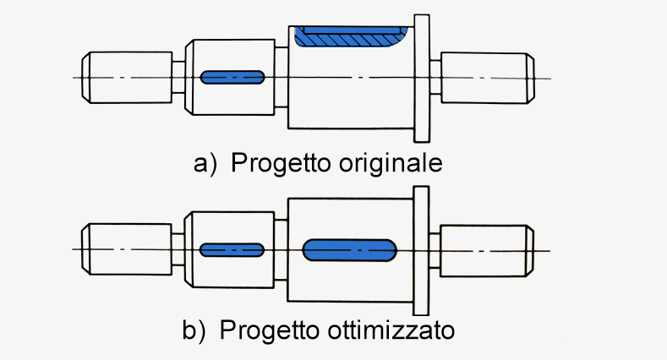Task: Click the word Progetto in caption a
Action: (x=281, y=164)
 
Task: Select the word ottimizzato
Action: (x=391, y=330)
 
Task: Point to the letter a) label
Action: (x=205, y=164)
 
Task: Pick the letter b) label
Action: (x=194, y=330)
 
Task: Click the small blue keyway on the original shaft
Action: (x=232, y=78)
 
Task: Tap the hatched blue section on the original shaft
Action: (x=351, y=36)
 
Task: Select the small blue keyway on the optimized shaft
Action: (x=232, y=250)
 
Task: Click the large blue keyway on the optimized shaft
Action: (x=349, y=250)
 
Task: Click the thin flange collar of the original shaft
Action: (x=422, y=79)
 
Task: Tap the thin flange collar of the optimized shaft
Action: (x=421, y=250)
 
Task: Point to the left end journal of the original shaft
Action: (x=127, y=78)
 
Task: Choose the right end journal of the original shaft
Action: (x=488, y=78)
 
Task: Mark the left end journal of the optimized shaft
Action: (x=126, y=249)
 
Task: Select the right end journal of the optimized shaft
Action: (x=487, y=251)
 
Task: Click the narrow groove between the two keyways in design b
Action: (x=281, y=250)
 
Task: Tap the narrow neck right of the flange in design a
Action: (x=435, y=78)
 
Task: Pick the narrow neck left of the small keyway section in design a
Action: (x=178, y=77)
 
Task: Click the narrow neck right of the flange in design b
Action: (x=435, y=250)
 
